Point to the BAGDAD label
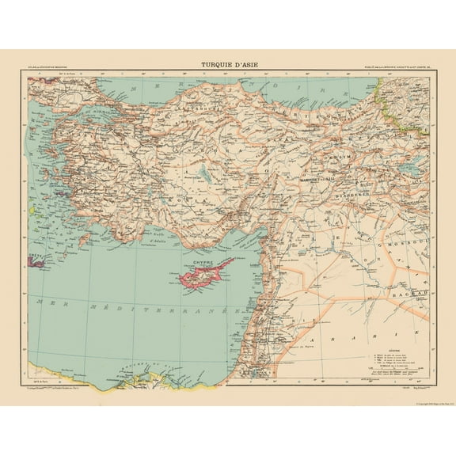pos(414,293)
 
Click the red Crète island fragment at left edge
pos(33,255)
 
